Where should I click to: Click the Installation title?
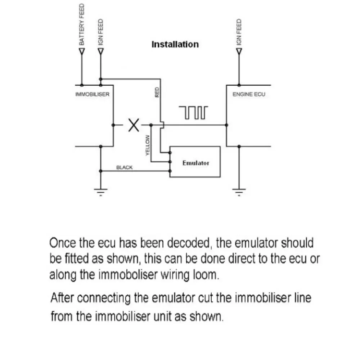175,45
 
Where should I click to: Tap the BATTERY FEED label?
82,25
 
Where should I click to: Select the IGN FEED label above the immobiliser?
101,32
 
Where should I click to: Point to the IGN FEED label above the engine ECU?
238,32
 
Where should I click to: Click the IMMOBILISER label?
92,94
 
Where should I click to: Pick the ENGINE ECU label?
249,94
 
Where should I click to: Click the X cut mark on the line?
134,125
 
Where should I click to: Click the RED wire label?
157,93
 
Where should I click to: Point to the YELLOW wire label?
147,145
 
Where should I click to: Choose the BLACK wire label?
124,167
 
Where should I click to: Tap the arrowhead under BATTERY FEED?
82,51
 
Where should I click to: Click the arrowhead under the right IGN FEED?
239,51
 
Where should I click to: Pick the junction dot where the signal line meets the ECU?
226,125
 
